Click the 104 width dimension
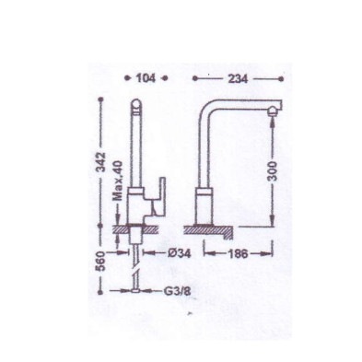[x=146, y=78]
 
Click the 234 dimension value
[x=238, y=79]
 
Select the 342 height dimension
[x=101, y=162]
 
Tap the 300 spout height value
[x=273, y=170]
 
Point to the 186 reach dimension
[x=238, y=254]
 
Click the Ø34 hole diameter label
[x=180, y=253]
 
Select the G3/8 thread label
[x=177, y=291]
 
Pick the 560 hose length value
[x=101, y=261]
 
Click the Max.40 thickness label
[x=118, y=181]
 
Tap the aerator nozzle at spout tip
[x=273, y=111]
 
